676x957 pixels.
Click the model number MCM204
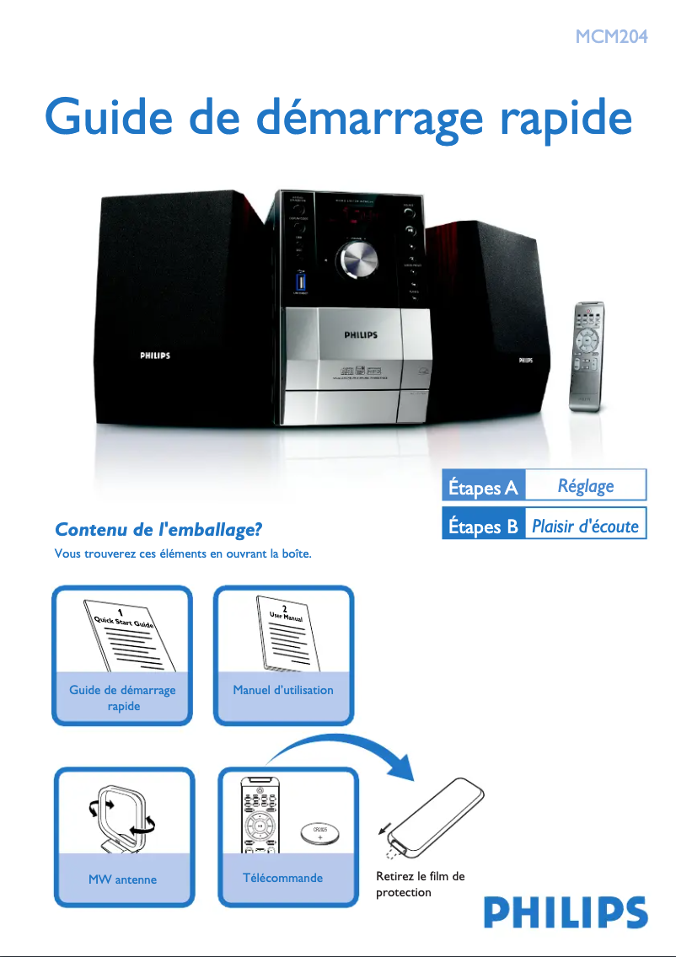611,36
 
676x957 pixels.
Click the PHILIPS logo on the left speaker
155,356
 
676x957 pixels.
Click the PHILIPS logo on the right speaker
525,360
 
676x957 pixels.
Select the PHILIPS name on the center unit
361,335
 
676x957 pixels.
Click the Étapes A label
483,486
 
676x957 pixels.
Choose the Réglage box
586,486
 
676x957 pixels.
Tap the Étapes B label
483,527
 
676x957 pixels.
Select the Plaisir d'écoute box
586,527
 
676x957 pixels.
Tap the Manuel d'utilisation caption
283,690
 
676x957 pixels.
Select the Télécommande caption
282,878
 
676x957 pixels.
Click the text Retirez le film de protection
420,885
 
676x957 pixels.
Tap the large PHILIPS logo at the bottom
565,912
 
